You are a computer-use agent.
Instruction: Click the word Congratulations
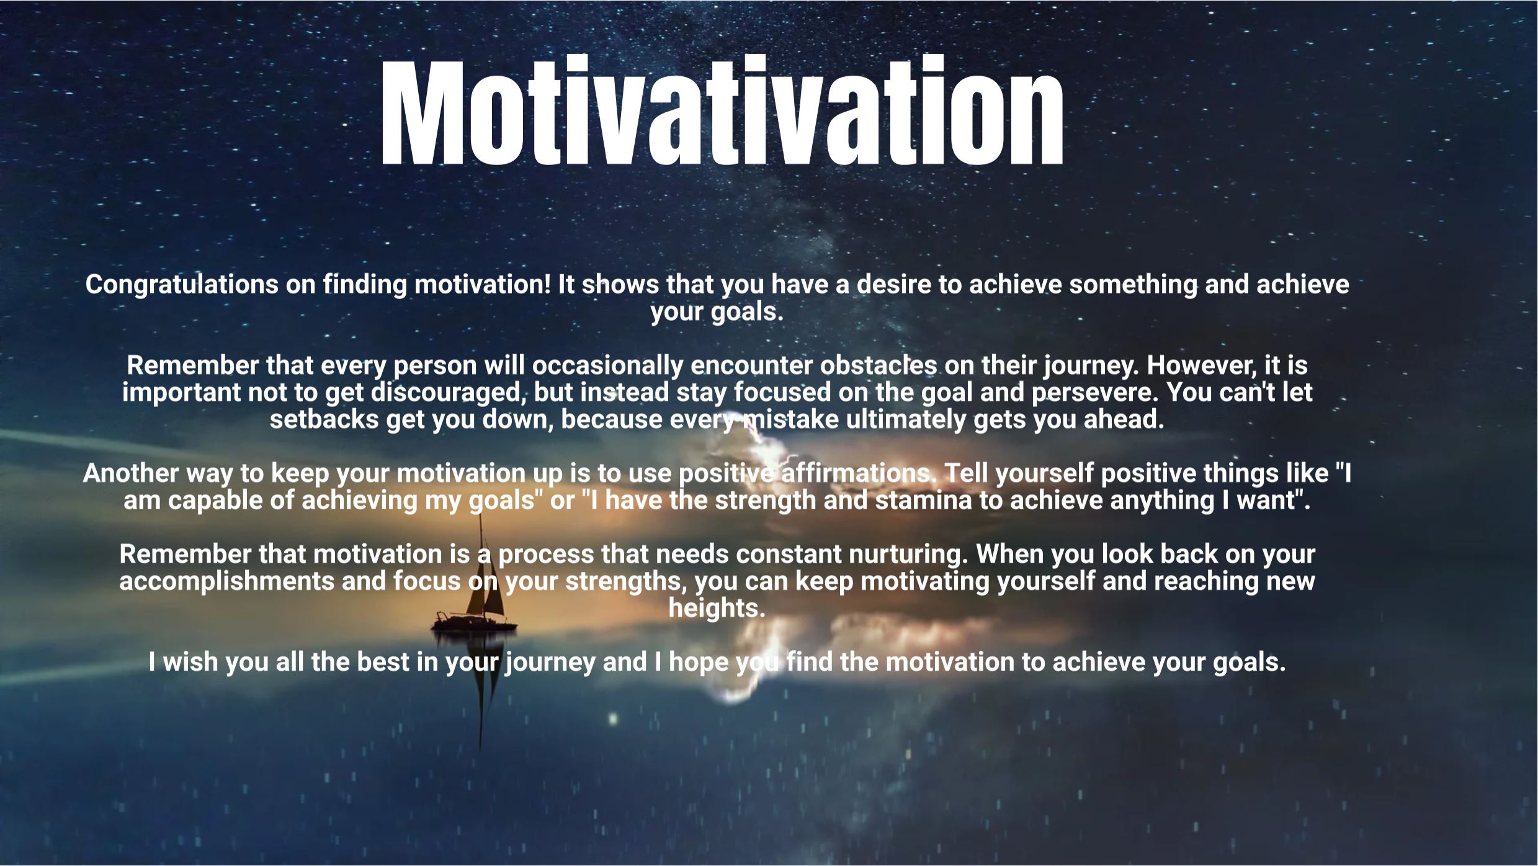coord(182,285)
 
